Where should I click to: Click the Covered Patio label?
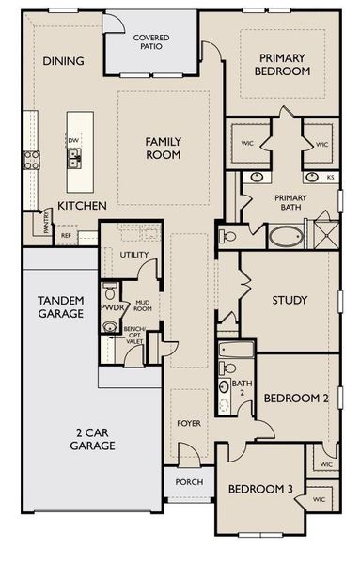point(151,42)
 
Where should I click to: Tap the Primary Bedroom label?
point(282,64)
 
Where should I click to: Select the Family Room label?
point(163,148)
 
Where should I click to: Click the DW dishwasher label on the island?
point(73,140)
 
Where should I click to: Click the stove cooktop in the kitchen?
point(31,160)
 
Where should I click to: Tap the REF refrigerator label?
point(66,236)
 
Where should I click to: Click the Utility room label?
point(133,255)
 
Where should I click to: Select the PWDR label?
point(112,307)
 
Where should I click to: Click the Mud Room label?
point(143,305)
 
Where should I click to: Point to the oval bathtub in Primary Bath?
point(286,236)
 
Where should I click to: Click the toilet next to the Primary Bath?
point(227,237)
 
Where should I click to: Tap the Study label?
point(290,300)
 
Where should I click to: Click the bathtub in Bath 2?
point(236,350)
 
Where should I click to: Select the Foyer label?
point(189,423)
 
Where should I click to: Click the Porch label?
point(189,482)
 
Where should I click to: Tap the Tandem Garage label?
point(61,306)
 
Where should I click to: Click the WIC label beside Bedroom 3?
point(319,499)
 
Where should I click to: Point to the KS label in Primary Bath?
point(330,177)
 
